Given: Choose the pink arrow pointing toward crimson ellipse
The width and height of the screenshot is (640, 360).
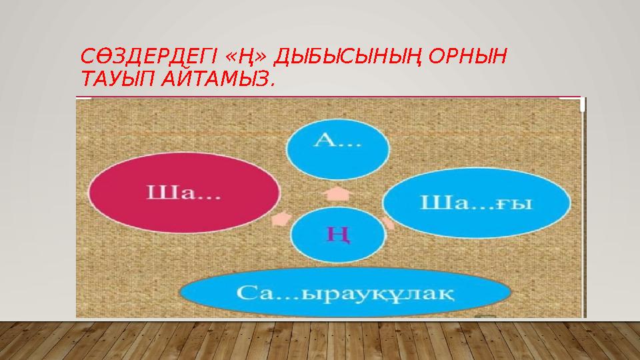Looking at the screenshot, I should [x=280, y=217].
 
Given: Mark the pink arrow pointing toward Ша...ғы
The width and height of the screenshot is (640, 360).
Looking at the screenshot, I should [x=390, y=222].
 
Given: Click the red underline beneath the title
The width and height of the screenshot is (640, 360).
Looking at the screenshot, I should [x=327, y=97].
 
